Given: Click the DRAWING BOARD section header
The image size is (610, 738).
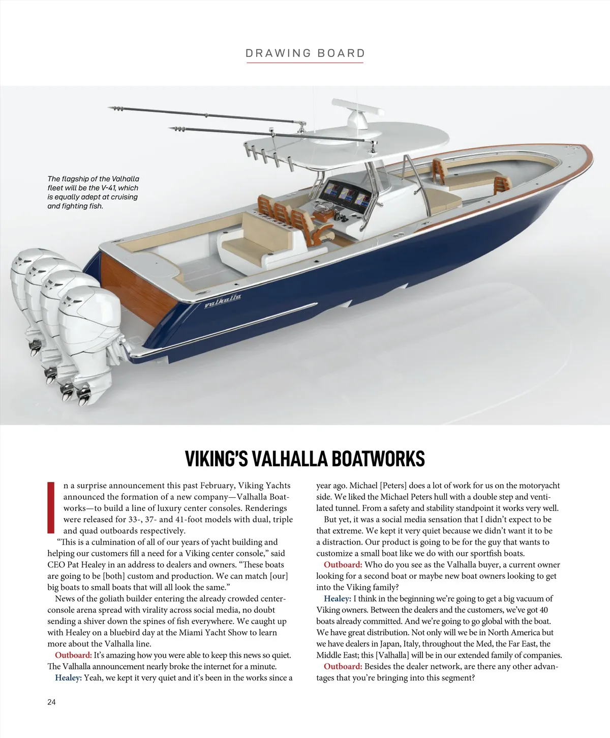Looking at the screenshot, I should (x=305, y=53).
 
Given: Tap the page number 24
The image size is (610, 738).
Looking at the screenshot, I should (x=51, y=702).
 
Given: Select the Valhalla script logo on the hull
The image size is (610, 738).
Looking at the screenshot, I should (x=223, y=302).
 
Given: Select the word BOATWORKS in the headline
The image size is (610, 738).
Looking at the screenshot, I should (x=378, y=458).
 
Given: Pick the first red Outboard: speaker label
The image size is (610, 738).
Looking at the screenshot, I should (x=73, y=655).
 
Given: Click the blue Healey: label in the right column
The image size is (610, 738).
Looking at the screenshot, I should (x=337, y=599).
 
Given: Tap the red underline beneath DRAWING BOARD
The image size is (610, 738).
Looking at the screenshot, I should (x=305, y=63).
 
